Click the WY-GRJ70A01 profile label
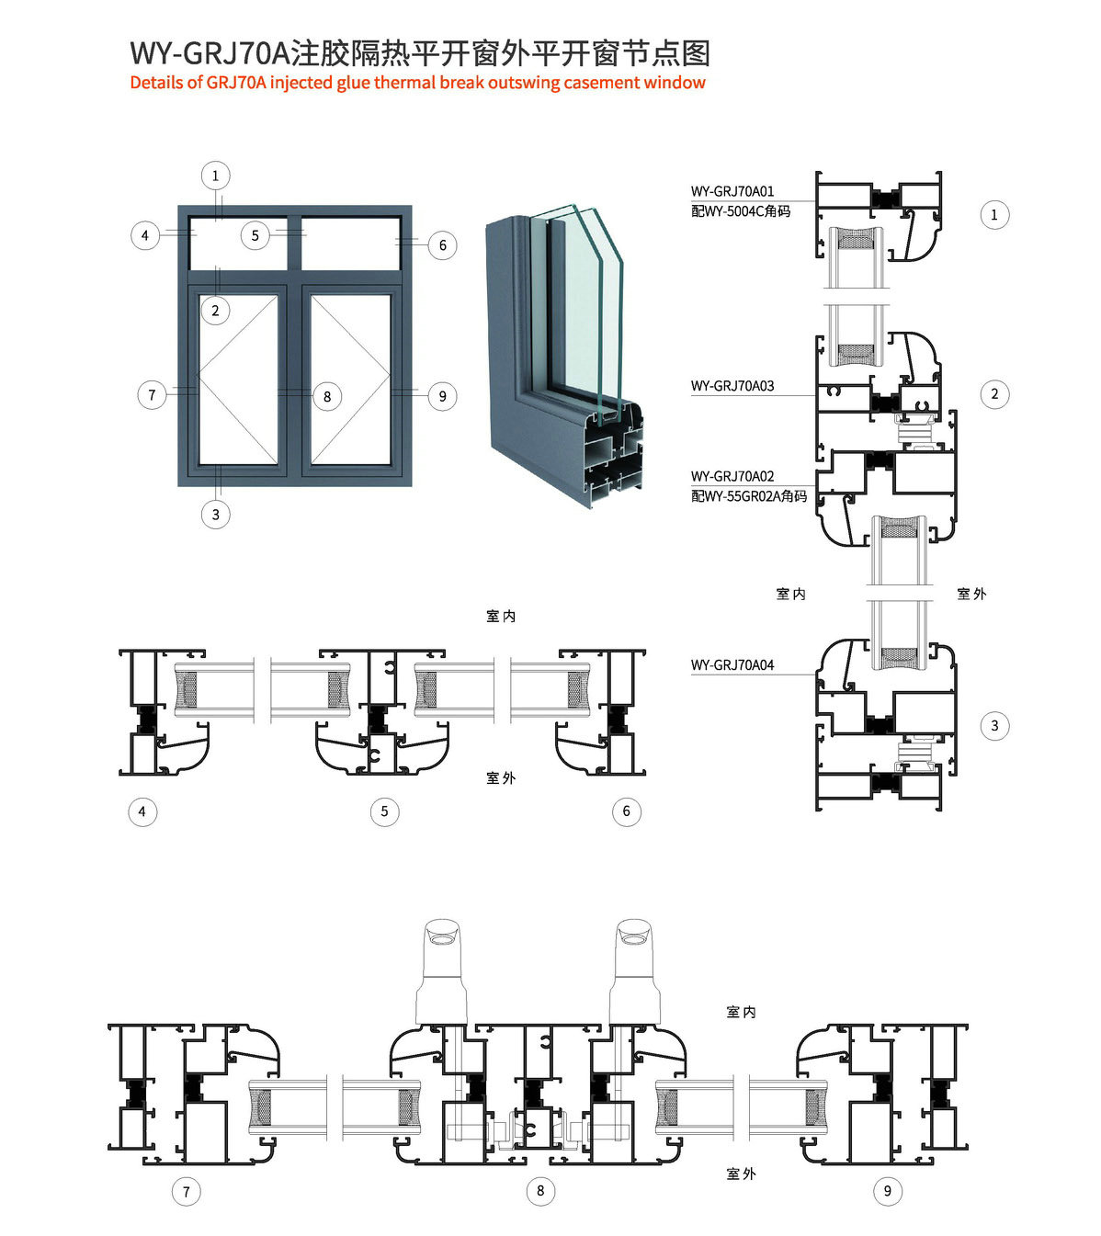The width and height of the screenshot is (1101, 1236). click(732, 191)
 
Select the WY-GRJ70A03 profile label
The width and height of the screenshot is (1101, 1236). click(732, 386)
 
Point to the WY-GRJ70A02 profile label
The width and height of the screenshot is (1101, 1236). click(732, 476)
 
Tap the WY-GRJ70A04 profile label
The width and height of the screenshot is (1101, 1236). click(732, 664)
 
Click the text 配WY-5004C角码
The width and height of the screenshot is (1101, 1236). click(741, 211)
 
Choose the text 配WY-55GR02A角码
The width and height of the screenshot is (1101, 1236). click(749, 496)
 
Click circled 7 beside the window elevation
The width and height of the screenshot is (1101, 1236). click(152, 395)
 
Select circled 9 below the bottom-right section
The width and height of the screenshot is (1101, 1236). click(887, 1191)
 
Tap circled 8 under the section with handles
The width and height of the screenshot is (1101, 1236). click(540, 1191)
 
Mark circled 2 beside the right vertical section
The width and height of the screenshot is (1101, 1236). click(994, 394)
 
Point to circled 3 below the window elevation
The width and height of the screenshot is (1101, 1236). click(216, 514)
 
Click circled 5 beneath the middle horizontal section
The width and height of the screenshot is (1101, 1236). click(384, 811)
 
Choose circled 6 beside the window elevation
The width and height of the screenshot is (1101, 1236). click(442, 245)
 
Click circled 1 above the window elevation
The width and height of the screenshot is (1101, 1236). click(216, 176)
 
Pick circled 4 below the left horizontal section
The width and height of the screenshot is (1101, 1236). click(142, 811)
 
